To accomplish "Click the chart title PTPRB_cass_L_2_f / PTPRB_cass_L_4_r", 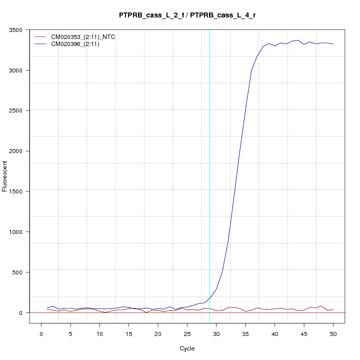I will [x=187, y=15].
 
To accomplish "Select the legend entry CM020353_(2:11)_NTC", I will [x=80, y=37].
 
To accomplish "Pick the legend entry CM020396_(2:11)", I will [x=75, y=44].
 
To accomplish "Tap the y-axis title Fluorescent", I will [x=5, y=176].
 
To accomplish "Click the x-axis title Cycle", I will [x=187, y=348].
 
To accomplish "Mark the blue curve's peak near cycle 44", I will [x=298, y=40].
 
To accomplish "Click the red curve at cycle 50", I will [x=333, y=309].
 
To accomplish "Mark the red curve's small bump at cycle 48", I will [x=321, y=305].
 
